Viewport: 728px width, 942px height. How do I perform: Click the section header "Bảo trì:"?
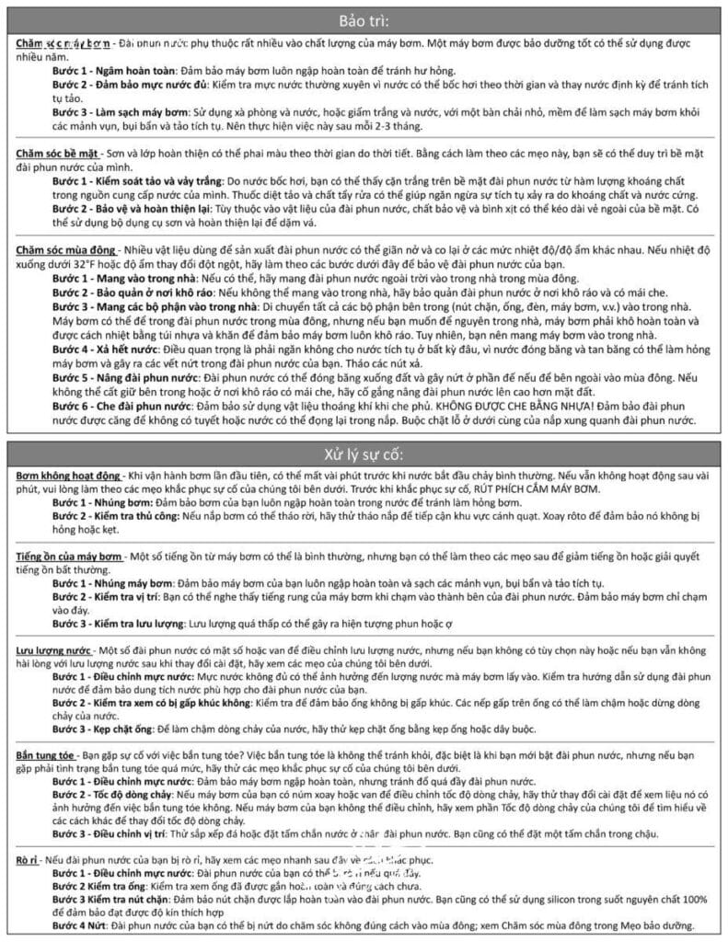coord(364,20)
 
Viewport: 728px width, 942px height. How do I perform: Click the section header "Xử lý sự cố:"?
coord(364,454)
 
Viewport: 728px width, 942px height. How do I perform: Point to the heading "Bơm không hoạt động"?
coord(69,476)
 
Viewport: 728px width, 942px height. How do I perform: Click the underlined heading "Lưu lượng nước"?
coord(53,651)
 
